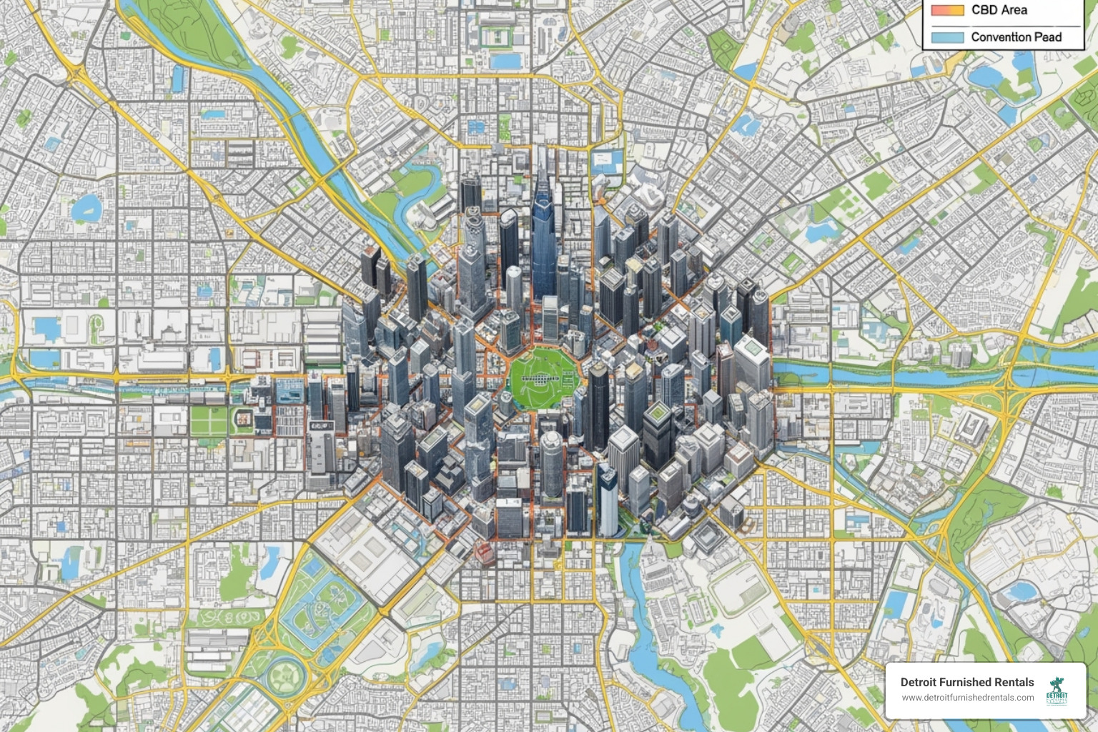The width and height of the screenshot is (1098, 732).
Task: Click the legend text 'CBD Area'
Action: [999, 10]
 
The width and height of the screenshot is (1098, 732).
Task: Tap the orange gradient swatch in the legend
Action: [948, 10]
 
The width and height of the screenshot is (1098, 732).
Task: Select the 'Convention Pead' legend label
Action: [1016, 37]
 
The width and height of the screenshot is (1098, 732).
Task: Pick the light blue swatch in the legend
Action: [948, 37]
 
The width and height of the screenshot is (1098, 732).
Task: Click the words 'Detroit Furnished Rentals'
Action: [966, 682]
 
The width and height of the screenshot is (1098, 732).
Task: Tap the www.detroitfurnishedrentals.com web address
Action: [967, 698]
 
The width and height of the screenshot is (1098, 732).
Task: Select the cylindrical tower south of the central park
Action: [551, 461]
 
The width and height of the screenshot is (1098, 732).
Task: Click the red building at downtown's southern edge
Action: [483, 549]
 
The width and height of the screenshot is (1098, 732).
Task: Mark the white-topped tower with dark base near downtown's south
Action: [608, 500]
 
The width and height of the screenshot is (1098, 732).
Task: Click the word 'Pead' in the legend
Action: [1047, 37]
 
